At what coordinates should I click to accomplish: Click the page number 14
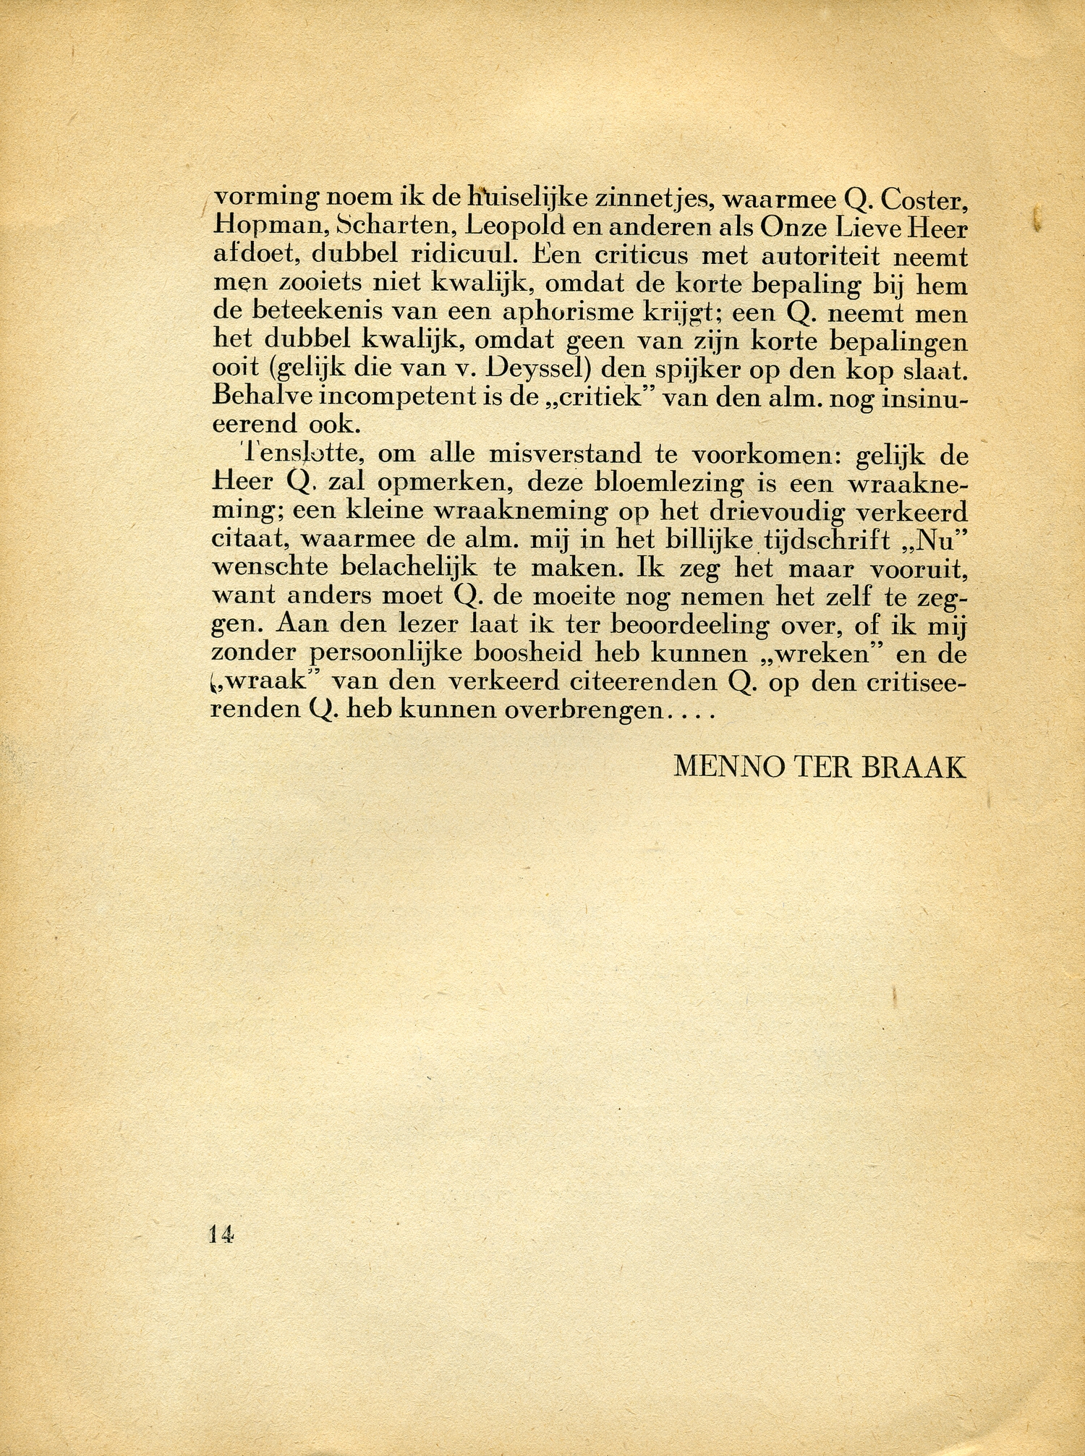coord(221,1234)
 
